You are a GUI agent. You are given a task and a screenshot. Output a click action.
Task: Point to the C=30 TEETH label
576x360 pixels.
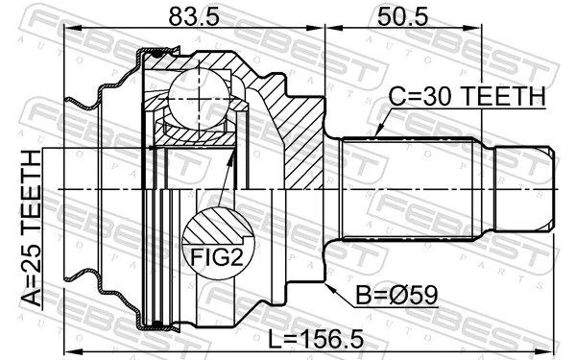coord(467,96)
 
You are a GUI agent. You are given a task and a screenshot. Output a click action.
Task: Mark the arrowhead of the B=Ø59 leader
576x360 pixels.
coord(329,284)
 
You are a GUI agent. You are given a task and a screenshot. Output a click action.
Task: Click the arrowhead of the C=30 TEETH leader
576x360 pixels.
coord(378,133)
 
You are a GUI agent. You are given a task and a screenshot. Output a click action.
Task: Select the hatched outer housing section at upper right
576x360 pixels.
coord(298,144)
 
